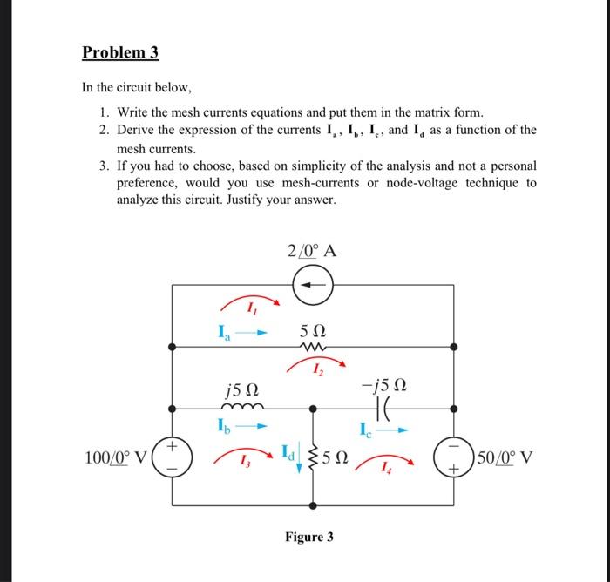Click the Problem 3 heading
pyautogui.click(x=120, y=52)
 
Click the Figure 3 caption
pyautogui.click(x=308, y=537)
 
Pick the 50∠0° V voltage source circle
pyautogui.click(x=452, y=457)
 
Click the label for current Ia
pyautogui.click(x=225, y=331)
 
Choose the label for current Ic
pyautogui.click(x=365, y=427)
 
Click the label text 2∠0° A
pyautogui.click(x=311, y=252)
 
